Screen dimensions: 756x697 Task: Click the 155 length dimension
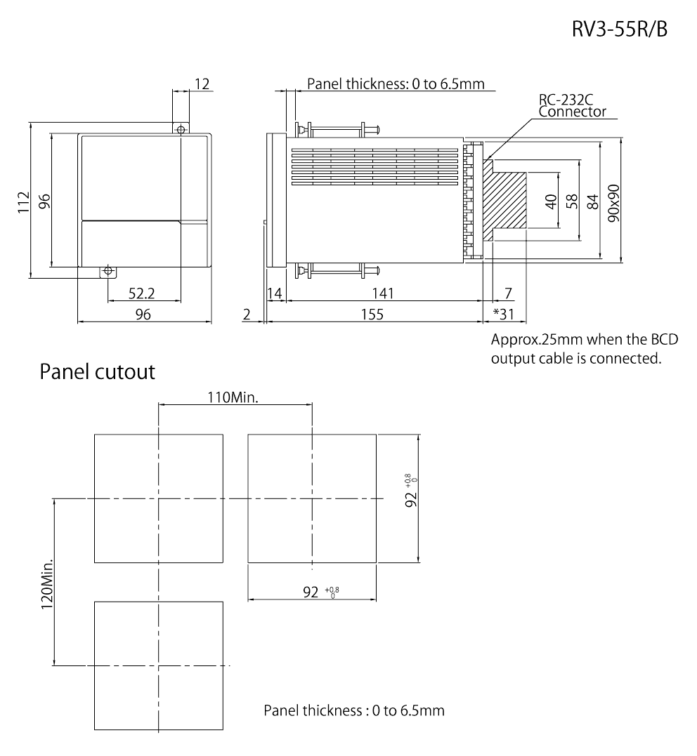(x=373, y=314)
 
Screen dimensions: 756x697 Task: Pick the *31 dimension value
(x=504, y=314)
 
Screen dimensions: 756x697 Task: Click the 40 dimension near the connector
(x=552, y=201)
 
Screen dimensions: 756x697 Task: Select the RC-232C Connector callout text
(x=567, y=105)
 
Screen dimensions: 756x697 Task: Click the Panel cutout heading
(x=96, y=371)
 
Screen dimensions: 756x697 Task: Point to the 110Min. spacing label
(x=235, y=398)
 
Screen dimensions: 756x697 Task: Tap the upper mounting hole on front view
(x=181, y=130)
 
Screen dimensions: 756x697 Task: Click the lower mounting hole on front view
(x=108, y=270)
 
